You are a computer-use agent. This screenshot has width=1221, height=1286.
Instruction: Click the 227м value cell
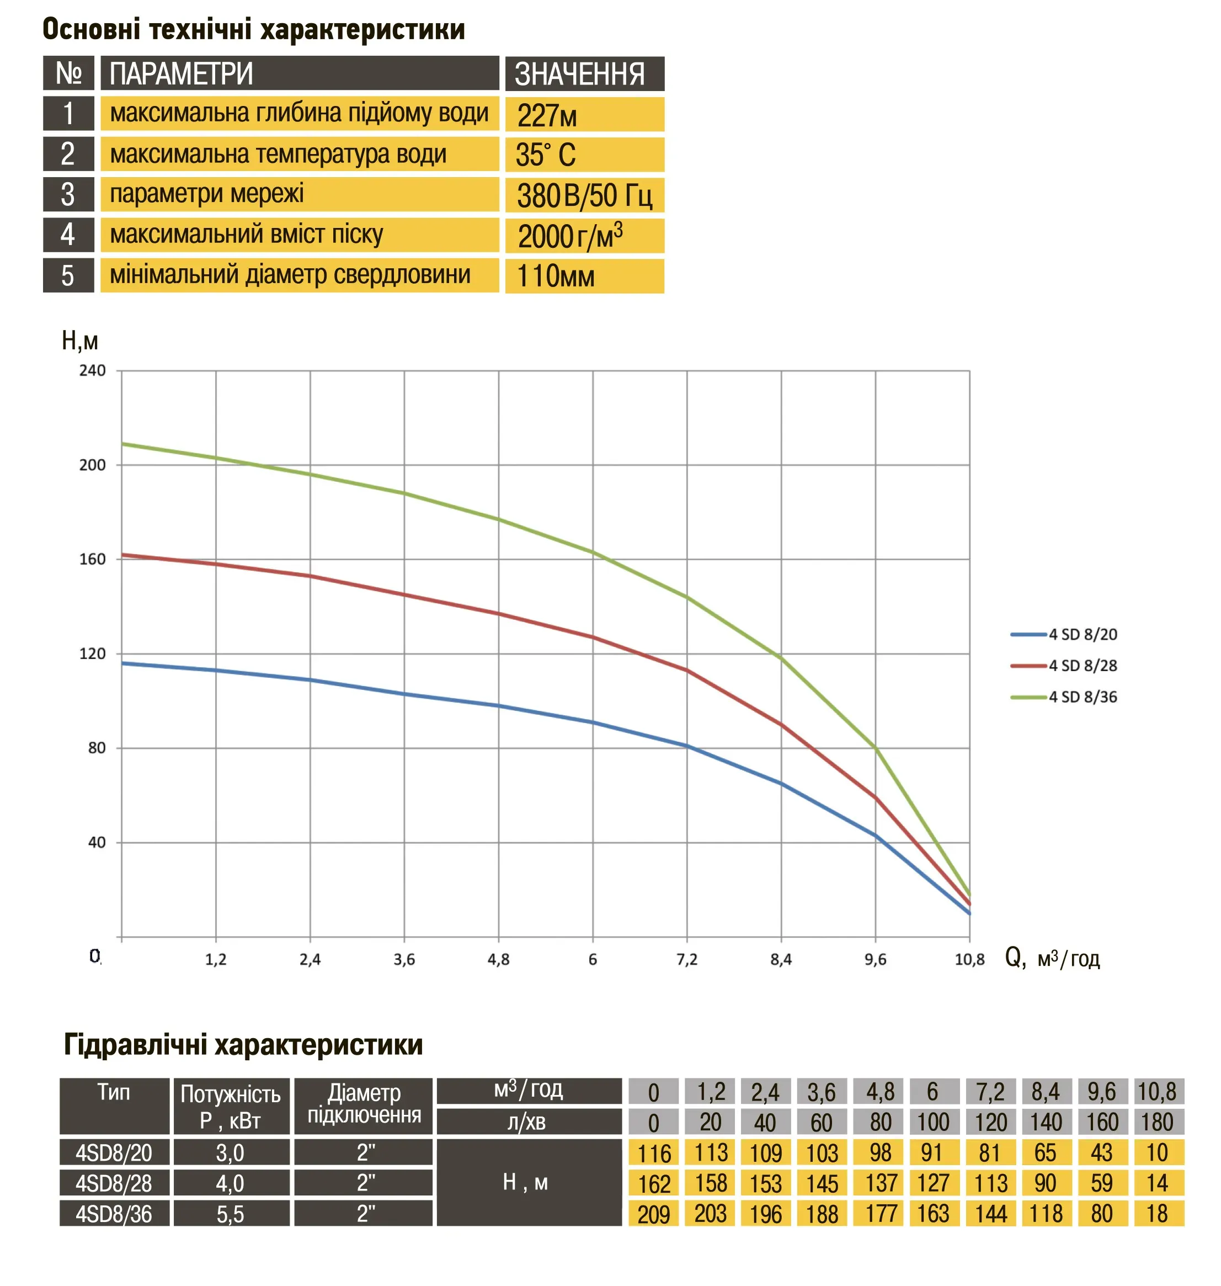coord(584,115)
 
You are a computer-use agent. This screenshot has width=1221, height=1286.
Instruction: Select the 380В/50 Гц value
coord(584,195)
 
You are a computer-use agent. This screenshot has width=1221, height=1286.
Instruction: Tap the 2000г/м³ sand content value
coord(584,236)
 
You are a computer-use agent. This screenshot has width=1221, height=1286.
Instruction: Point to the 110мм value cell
coord(584,276)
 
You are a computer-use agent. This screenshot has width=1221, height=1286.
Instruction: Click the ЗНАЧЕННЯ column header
coord(584,73)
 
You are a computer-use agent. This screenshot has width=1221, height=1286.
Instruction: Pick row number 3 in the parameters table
coord(68,195)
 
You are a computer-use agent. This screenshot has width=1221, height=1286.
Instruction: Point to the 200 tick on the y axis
coord(93,465)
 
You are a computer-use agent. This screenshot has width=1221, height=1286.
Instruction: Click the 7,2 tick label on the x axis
coord(687,959)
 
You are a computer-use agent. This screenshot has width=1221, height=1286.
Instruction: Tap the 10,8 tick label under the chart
coord(969,959)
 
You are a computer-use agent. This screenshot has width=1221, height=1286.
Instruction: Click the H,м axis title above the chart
coord(79,341)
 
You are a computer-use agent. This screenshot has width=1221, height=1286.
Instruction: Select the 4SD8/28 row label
coord(114,1183)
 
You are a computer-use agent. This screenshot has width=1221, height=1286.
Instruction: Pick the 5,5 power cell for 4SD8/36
coord(231,1214)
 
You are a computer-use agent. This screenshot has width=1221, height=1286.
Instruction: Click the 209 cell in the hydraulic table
coord(653,1214)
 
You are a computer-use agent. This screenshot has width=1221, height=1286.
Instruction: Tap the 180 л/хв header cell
coord(1157,1122)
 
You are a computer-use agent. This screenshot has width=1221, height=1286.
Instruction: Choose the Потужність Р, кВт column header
coord(231,1106)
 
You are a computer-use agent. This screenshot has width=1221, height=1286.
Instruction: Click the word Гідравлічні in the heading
coord(135,1044)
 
